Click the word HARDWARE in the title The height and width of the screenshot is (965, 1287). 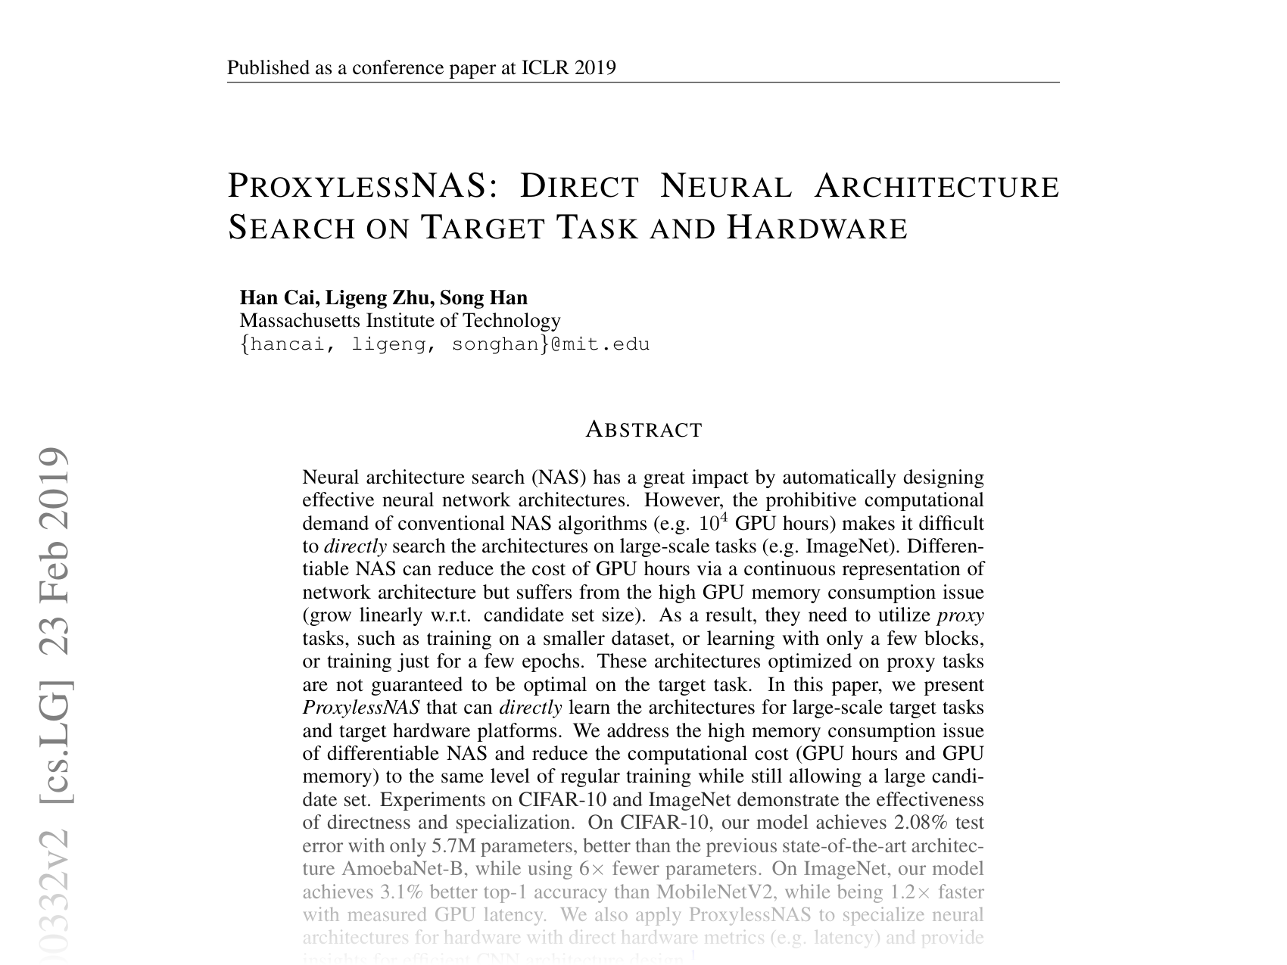pos(817,228)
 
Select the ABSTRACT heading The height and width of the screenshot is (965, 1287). pos(644,430)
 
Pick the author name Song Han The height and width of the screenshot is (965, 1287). pos(484,297)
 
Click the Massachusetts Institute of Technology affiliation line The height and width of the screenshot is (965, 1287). pos(400,321)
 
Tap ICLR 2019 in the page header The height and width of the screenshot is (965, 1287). pos(569,68)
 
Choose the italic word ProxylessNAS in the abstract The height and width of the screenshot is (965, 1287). pos(360,708)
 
